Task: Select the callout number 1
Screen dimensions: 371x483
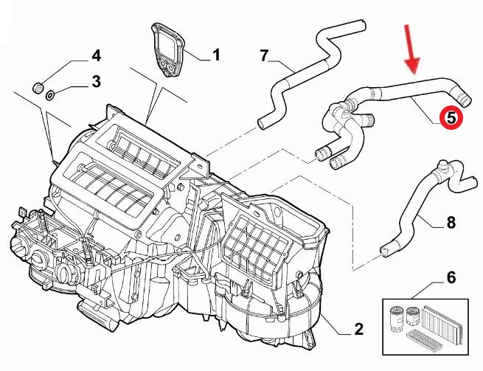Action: click(x=216, y=55)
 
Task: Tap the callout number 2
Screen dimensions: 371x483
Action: click(x=358, y=329)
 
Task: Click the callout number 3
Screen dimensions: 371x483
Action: click(x=96, y=81)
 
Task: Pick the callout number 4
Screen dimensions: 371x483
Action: click(x=96, y=56)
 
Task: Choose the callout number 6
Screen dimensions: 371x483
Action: click(x=451, y=278)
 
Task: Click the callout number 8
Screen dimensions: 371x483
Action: click(x=451, y=221)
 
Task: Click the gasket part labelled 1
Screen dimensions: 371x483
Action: click(x=170, y=49)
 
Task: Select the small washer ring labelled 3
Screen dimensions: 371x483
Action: click(x=50, y=94)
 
